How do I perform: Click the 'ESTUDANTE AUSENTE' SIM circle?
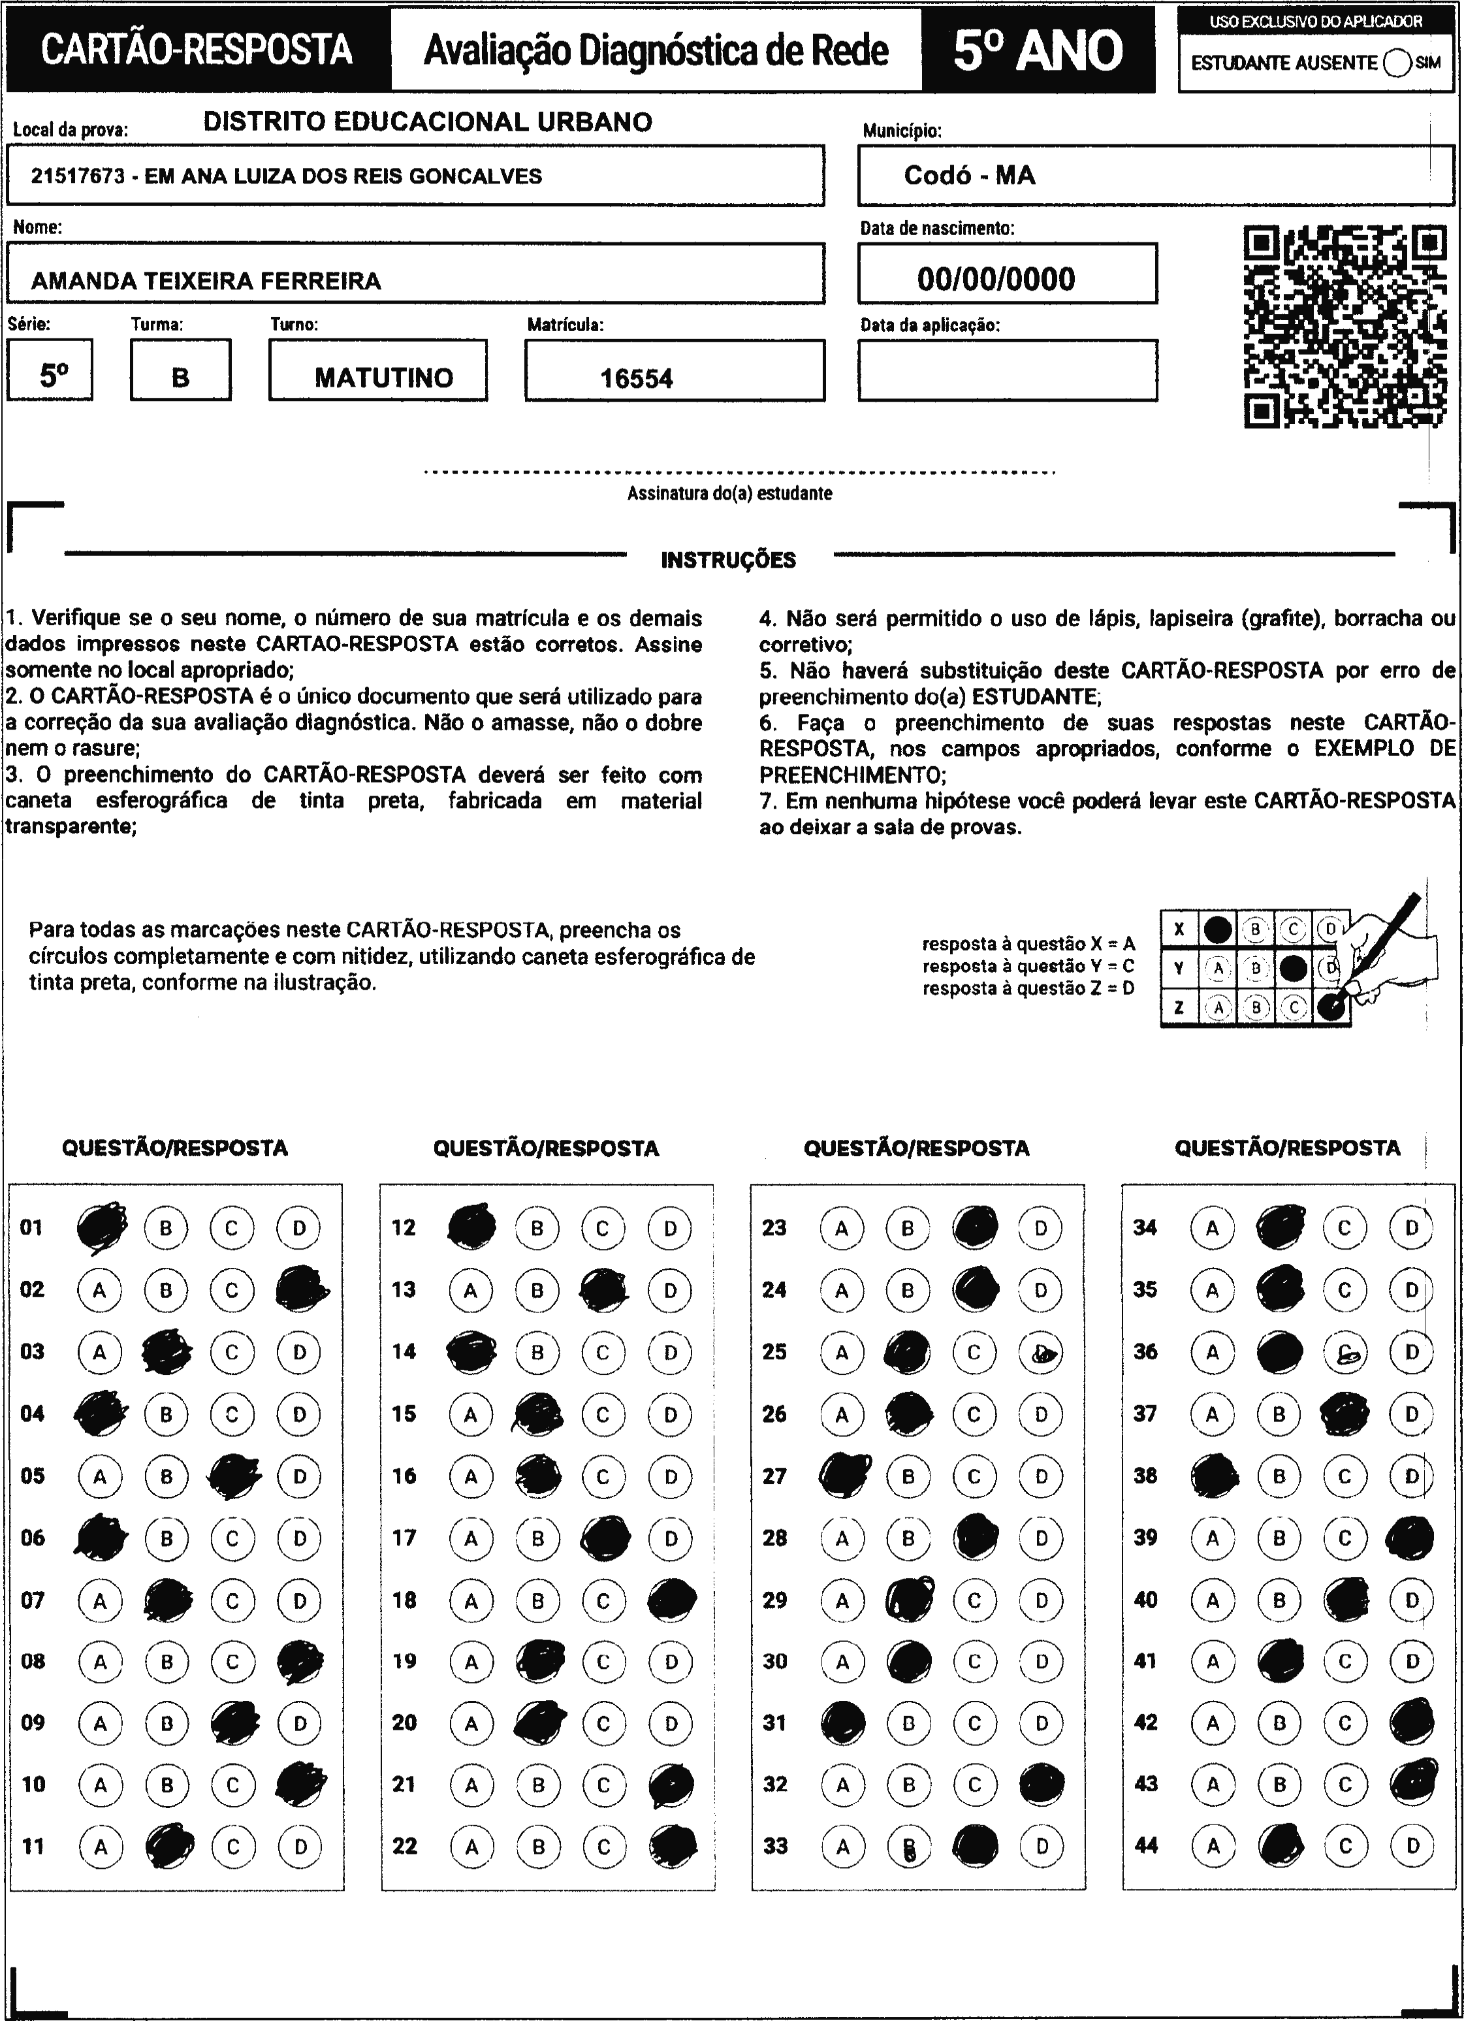[1397, 63]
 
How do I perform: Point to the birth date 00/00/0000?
[996, 279]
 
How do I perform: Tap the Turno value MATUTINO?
[383, 378]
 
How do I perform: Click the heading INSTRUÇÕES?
[728, 560]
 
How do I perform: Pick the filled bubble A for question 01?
[101, 1228]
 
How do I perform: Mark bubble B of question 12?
[537, 1229]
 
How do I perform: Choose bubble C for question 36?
[1345, 1353]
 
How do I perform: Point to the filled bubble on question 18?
[672, 1600]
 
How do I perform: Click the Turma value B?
[180, 378]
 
